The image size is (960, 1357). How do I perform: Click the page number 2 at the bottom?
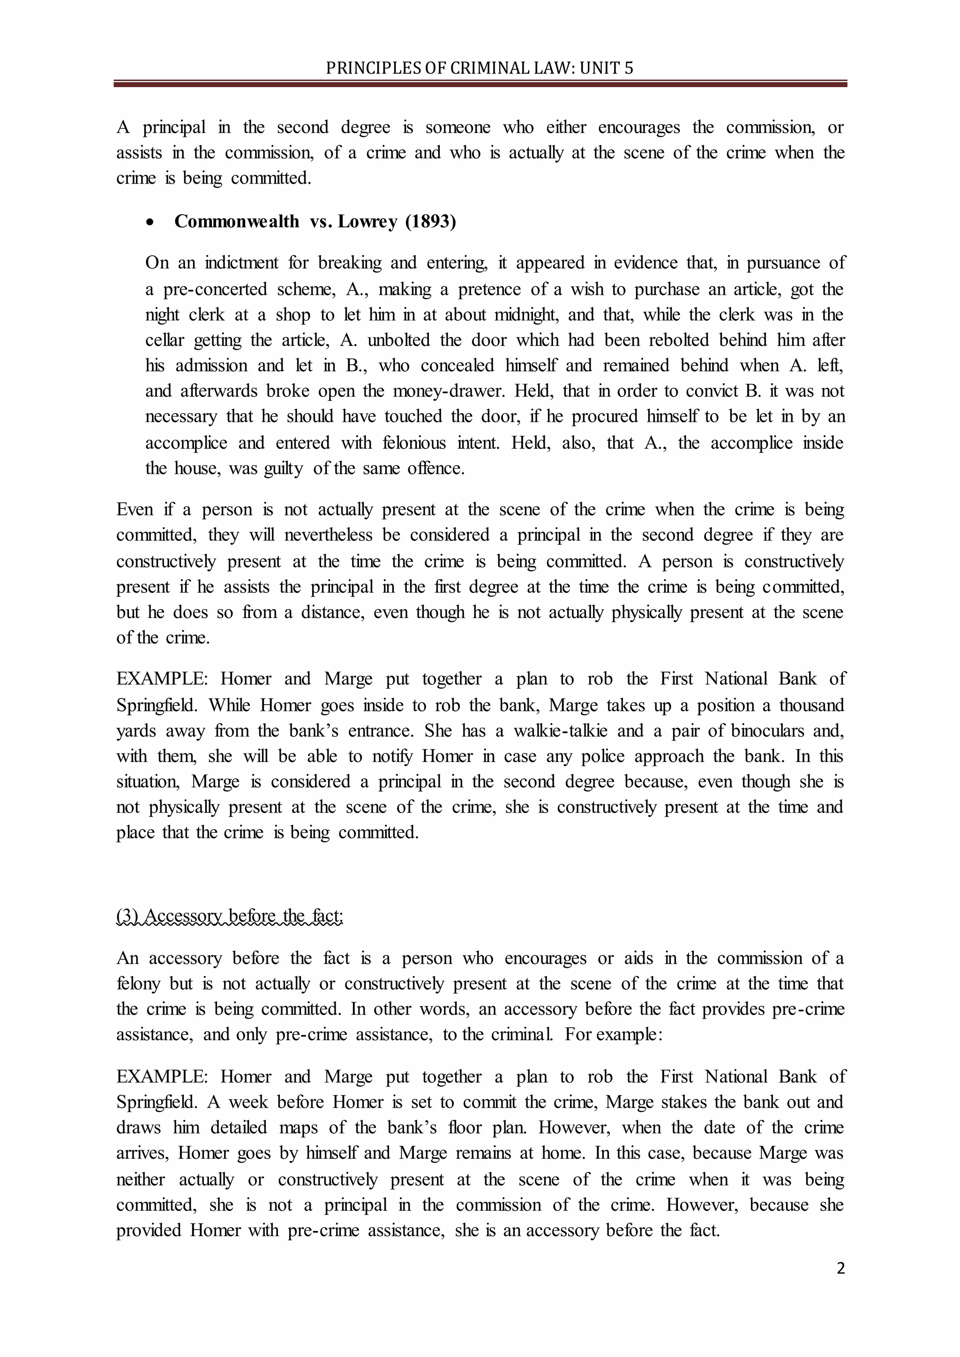pos(840,1269)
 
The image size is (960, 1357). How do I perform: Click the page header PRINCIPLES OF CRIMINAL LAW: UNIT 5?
pos(480,68)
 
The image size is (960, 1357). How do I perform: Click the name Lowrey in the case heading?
pos(367,221)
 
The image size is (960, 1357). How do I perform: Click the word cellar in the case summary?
pos(165,341)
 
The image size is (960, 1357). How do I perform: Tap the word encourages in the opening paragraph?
pos(638,127)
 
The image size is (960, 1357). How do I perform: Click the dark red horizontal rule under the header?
pos(480,84)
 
